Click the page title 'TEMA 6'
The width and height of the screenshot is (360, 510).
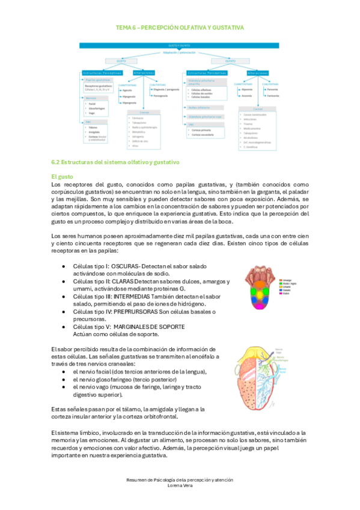(x=129, y=28)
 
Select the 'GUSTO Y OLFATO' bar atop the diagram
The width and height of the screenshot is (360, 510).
(x=180, y=45)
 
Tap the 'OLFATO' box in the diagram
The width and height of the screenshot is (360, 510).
(x=230, y=60)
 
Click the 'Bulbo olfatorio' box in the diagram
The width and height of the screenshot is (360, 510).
(x=198, y=108)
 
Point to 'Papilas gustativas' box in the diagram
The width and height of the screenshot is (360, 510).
(x=99, y=79)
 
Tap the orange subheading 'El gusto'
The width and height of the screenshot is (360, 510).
(x=63, y=176)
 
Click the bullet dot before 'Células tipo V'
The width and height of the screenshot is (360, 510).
(x=64, y=327)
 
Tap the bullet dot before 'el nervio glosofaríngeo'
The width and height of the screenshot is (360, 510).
(x=64, y=379)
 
